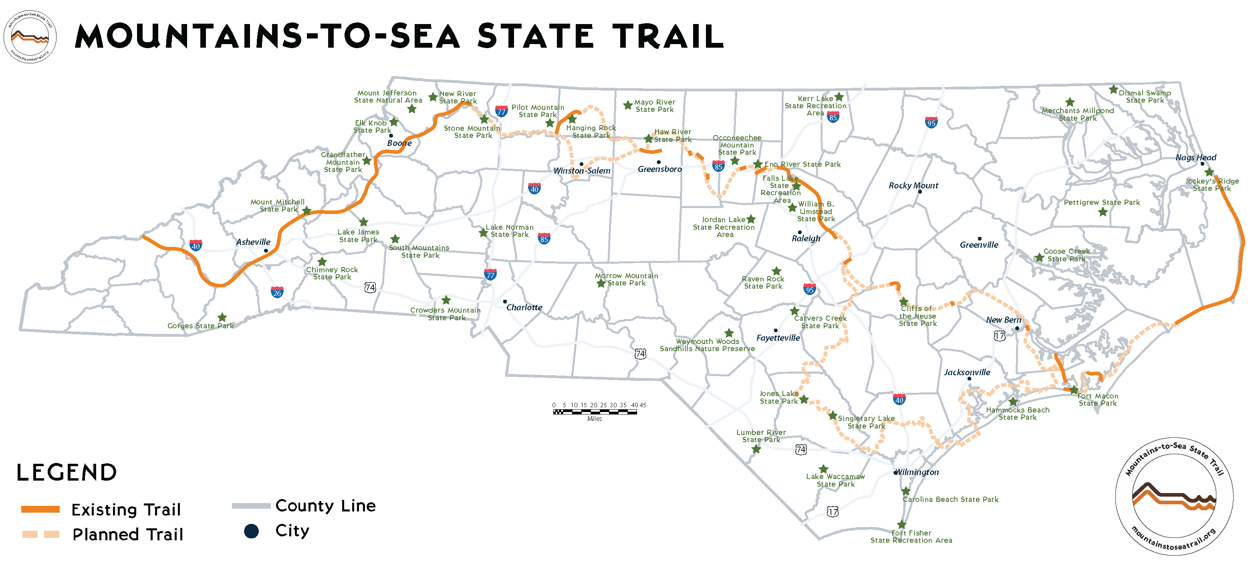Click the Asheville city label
tap(253, 242)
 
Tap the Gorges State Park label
tap(200, 326)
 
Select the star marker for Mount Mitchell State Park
tap(306, 210)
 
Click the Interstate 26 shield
tap(277, 292)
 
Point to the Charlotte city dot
tap(505, 301)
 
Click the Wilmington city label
tap(917, 472)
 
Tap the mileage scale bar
tap(595, 412)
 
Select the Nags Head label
tap(1196, 157)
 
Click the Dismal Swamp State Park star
tap(1113, 89)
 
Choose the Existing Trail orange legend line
tap(40, 509)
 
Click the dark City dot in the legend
tap(251, 531)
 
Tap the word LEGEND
tap(67, 472)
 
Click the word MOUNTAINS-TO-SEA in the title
tap(267, 36)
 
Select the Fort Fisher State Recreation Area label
tap(911, 536)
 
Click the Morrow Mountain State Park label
tap(627, 279)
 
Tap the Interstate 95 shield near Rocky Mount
tap(931, 122)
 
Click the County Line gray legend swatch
tap(251, 506)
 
